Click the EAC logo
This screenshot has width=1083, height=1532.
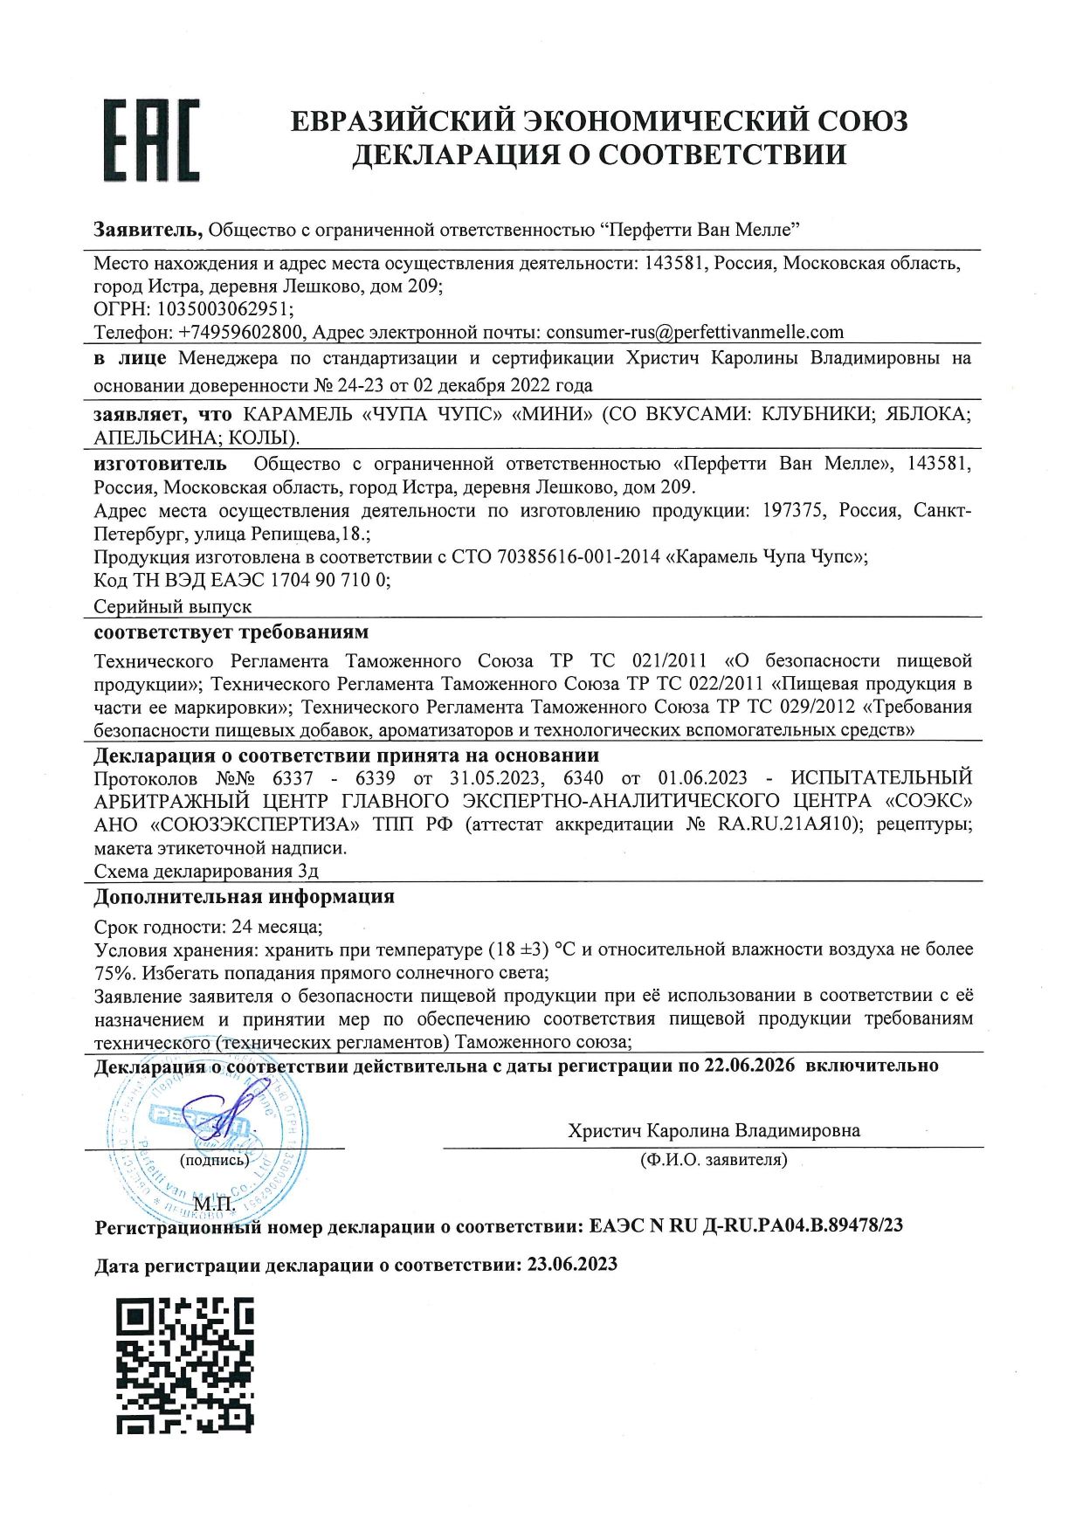(151, 140)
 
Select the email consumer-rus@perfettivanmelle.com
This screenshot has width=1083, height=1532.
(695, 332)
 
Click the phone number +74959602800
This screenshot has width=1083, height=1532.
(241, 332)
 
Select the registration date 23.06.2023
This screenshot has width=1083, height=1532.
(572, 1265)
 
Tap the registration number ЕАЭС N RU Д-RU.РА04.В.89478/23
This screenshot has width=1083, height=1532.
(746, 1225)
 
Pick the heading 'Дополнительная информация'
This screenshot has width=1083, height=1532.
(244, 897)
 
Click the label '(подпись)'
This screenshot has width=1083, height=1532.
(214, 1160)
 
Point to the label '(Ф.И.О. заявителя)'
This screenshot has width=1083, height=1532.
(713, 1160)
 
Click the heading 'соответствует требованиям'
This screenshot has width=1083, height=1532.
(231, 631)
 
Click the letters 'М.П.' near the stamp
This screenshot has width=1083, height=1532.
(218, 1207)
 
